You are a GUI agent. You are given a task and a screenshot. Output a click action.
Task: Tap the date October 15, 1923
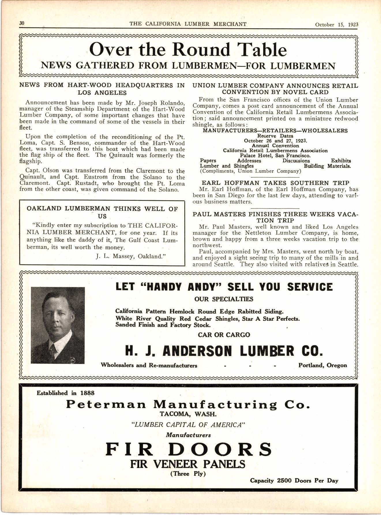[x=336, y=25]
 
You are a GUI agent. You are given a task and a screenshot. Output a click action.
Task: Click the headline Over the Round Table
[x=188, y=50]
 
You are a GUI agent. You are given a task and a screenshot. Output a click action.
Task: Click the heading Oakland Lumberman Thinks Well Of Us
[x=102, y=212]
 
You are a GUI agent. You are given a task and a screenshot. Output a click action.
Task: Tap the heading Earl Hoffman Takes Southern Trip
[x=275, y=183]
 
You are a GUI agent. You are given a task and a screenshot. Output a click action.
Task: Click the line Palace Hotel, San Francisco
[x=275, y=156]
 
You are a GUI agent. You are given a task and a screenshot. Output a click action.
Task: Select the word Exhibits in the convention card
[x=341, y=161]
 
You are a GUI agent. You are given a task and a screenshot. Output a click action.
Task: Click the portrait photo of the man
[x=58, y=325]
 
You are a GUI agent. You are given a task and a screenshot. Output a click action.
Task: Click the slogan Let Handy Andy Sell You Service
[x=224, y=287]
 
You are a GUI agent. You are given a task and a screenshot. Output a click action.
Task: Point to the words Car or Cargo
[x=224, y=335]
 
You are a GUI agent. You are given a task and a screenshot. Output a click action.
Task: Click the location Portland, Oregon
[x=322, y=365]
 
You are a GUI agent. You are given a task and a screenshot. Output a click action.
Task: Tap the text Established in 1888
[x=65, y=393]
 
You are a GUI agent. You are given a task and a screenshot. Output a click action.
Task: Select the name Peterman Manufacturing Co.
[x=188, y=404]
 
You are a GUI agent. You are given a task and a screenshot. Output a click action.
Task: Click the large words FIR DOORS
[x=189, y=449]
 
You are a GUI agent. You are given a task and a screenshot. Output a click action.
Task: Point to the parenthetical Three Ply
[x=188, y=473]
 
